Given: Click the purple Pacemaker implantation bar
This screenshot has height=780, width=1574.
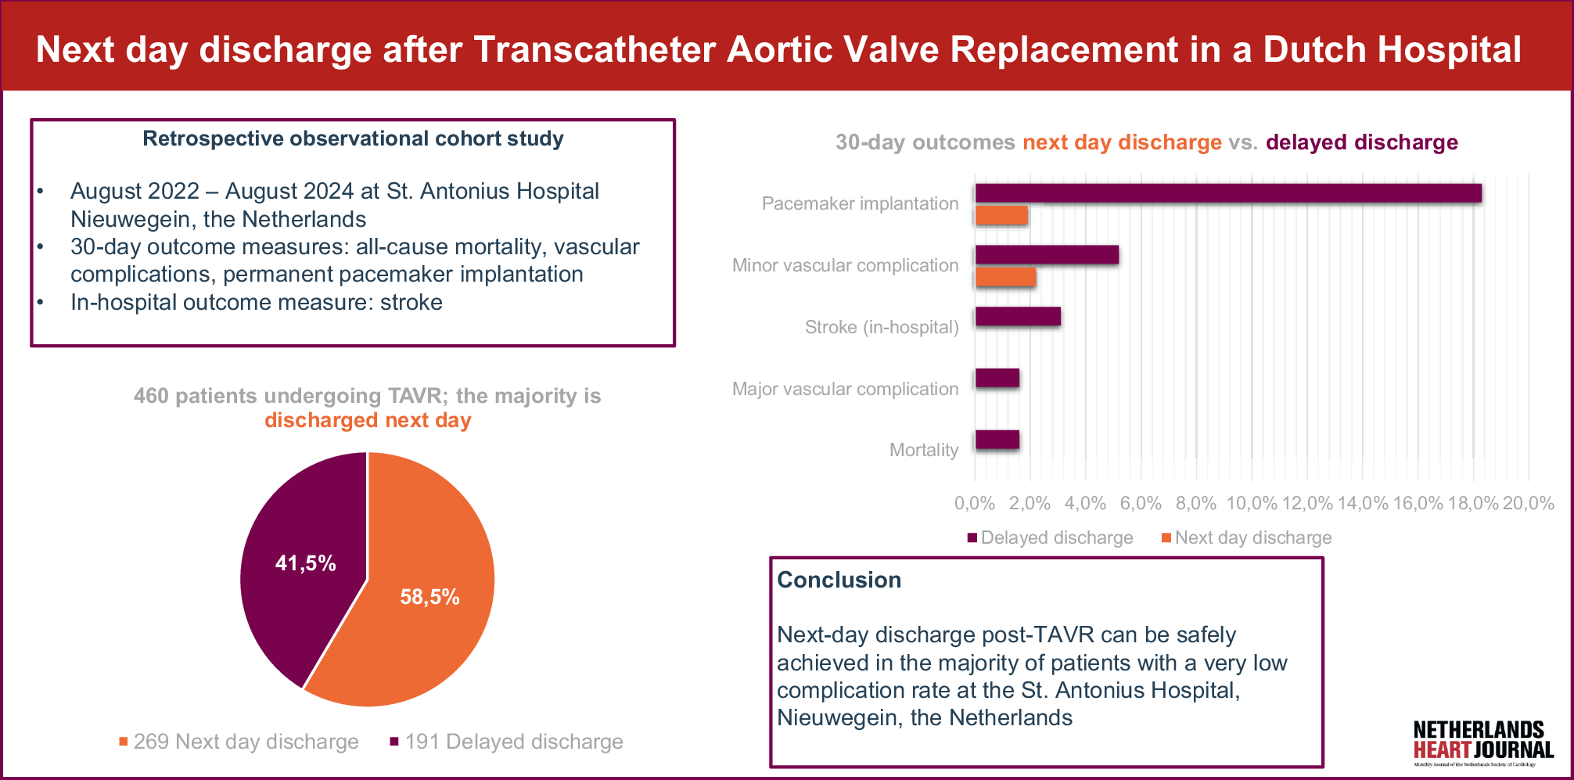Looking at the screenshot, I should tap(1228, 193).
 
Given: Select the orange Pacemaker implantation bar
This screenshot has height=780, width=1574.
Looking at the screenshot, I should tap(1001, 216).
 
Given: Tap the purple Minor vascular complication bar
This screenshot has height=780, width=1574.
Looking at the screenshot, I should tap(1047, 255).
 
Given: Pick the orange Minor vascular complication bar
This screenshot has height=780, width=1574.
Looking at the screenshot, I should tap(1005, 277).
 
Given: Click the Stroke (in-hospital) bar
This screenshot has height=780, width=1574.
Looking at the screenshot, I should tap(1018, 317).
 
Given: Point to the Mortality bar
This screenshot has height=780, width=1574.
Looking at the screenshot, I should tap(997, 440).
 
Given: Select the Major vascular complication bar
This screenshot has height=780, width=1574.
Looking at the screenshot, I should tap(997, 379).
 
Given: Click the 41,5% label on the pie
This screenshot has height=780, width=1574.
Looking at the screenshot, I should tap(305, 563).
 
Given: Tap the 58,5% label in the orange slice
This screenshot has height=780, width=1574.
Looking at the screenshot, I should tap(429, 598).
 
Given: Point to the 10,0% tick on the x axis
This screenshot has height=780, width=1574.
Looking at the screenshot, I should tap(1251, 504).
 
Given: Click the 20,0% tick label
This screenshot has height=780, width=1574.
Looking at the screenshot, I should tap(1528, 504).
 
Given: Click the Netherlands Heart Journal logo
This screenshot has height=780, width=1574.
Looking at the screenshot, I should tap(1482, 742).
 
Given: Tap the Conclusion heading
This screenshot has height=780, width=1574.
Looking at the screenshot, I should tap(839, 580).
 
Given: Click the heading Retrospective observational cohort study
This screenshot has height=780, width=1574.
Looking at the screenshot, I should tap(353, 139).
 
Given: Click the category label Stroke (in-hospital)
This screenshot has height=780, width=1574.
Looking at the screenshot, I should tap(881, 327).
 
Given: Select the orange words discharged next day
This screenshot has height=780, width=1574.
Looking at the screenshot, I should tap(368, 421).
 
